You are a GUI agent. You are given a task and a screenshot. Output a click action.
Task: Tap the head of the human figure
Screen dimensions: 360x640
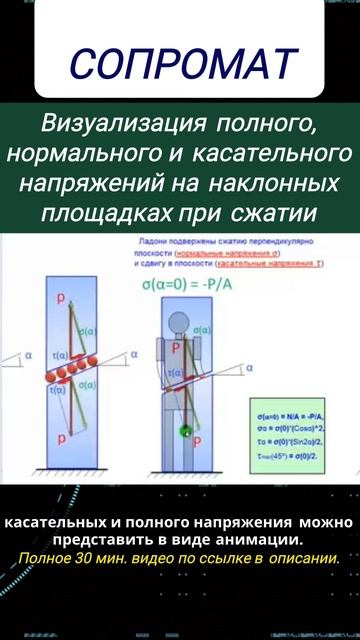pyautogui.click(x=181, y=325)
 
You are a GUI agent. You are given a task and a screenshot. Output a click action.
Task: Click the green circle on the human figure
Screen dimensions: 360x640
pyautogui.click(x=184, y=432)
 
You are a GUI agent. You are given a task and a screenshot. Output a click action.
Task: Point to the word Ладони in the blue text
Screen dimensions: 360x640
pyautogui.click(x=147, y=243)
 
